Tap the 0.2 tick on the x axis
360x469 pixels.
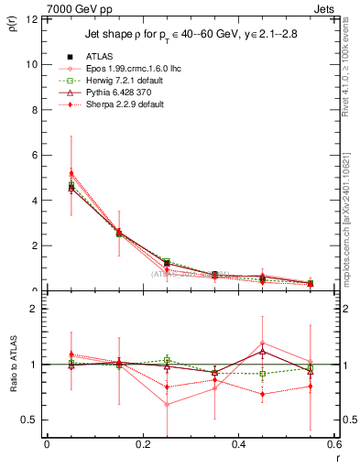point(142,446)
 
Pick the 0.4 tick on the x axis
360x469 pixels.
point(238,446)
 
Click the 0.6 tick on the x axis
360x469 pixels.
point(333,446)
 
